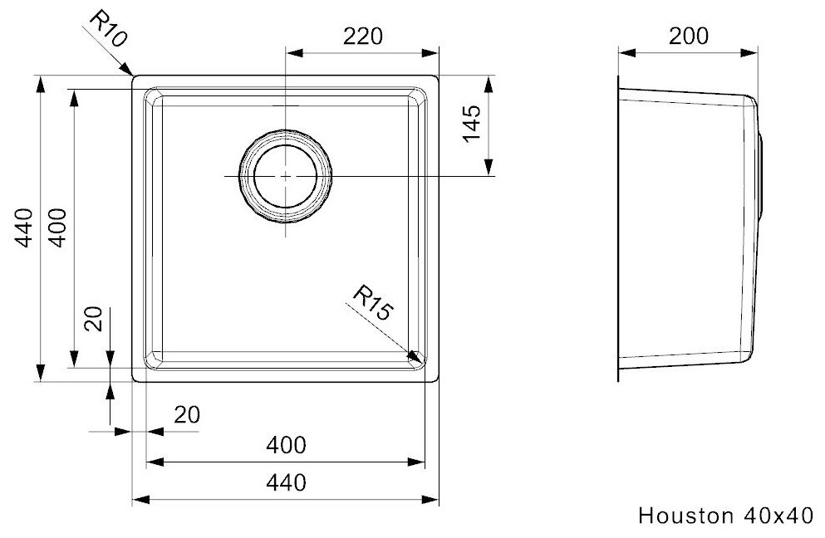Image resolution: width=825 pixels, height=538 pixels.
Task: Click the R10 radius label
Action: point(108,29)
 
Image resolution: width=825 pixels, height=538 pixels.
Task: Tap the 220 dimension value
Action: point(363,37)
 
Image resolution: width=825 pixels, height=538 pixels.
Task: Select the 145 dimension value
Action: point(471,124)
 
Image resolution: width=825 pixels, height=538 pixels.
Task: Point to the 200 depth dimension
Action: point(689,36)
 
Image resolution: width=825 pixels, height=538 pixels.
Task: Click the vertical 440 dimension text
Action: point(25,227)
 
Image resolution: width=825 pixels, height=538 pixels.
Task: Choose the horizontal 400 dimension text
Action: point(286,445)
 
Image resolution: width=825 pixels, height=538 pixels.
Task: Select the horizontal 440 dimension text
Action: point(286,482)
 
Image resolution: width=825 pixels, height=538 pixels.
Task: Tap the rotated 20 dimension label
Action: point(94,319)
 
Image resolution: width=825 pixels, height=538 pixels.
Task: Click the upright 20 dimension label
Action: point(187,414)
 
